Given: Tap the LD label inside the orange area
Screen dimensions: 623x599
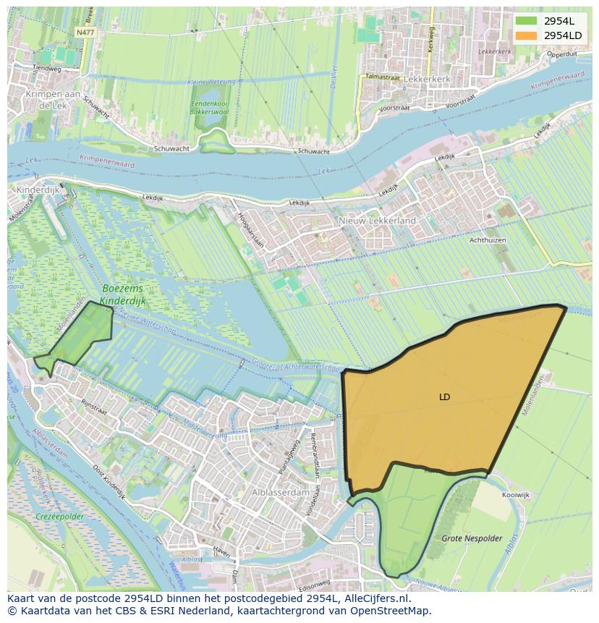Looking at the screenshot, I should click(x=444, y=397).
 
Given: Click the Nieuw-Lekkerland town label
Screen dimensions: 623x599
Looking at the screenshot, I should click(x=377, y=220).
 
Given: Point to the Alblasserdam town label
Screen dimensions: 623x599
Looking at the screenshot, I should click(x=281, y=492).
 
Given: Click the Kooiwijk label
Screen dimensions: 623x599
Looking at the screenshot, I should click(x=515, y=495).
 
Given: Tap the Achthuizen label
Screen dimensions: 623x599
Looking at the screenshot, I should click(x=488, y=240).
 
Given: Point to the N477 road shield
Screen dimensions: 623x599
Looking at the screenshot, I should click(x=85, y=33).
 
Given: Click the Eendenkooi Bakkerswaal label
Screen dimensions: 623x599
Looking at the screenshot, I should click(x=209, y=108).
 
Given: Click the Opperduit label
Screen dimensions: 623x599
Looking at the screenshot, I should click(x=561, y=54).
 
